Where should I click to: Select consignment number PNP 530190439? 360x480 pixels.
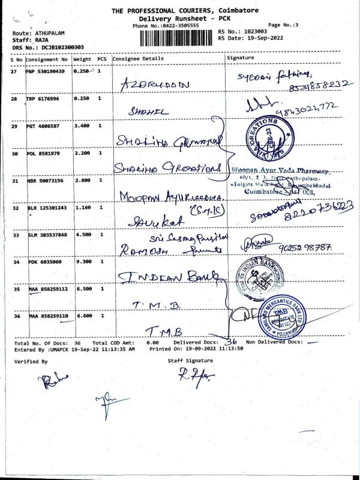[47, 71]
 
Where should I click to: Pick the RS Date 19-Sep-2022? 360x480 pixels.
[266, 37]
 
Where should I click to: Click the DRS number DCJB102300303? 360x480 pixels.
[59, 47]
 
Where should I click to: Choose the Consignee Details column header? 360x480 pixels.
[137, 59]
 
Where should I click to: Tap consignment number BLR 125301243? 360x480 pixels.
[47, 208]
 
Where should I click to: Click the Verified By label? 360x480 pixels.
[31, 362]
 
